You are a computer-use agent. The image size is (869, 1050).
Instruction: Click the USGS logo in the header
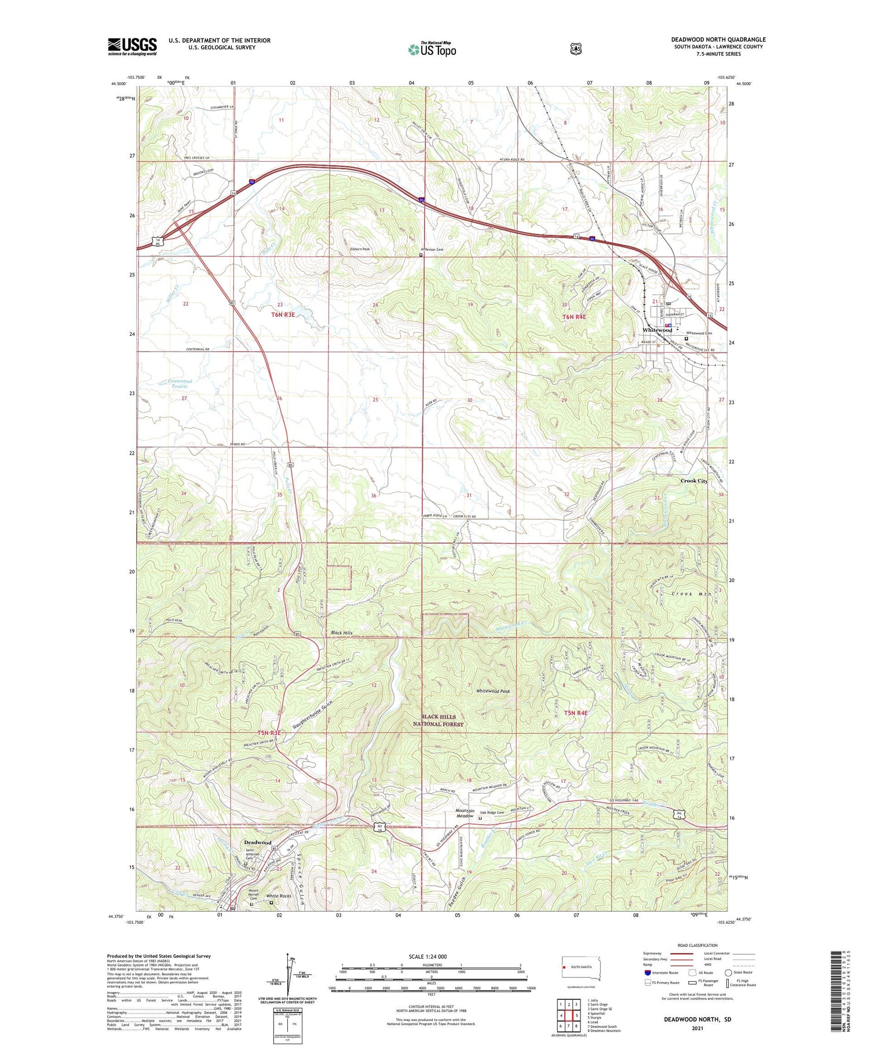(x=132, y=46)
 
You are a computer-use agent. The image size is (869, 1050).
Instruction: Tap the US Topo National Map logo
(x=432, y=49)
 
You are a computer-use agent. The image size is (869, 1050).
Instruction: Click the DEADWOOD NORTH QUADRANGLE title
(x=718, y=40)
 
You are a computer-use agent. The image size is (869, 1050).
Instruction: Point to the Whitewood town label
(x=656, y=330)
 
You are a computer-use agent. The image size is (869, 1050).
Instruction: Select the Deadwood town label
(x=257, y=842)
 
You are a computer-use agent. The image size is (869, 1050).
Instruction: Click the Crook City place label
(x=693, y=481)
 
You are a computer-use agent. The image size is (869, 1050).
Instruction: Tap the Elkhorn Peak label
(x=359, y=250)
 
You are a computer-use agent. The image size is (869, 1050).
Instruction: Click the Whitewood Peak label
(x=492, y=691)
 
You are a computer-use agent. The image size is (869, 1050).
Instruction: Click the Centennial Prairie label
(x=180, y=383)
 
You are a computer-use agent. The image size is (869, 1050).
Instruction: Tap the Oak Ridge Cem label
(x=492, y=813)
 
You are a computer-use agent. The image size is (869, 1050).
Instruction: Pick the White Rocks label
(x=279, y=896)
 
